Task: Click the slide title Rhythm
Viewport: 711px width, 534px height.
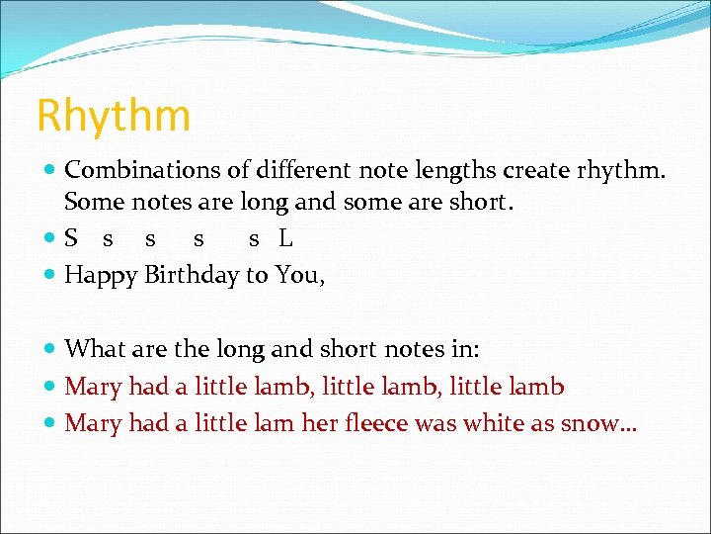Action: click(x=114, y=115)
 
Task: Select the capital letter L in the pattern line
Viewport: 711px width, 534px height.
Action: click(x=285, y=238)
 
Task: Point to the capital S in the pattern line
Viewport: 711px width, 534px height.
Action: click(x=71, y=238)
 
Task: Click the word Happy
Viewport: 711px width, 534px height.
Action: click(x=102, y=275)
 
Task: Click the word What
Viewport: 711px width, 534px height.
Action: click(x=93, y=348)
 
